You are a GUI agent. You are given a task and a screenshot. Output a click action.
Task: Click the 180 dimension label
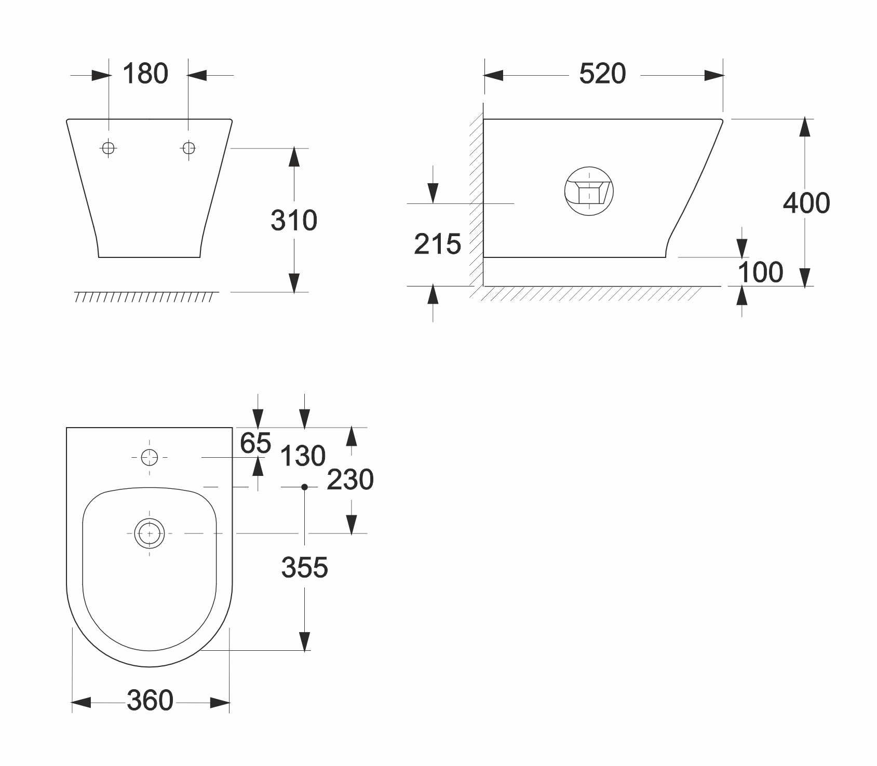(145, 74)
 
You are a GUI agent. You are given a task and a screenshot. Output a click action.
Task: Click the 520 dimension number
(602, 74)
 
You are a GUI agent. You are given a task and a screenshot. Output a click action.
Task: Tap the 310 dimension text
(294, 221)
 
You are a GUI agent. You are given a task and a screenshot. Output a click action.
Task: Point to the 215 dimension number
(437, 244)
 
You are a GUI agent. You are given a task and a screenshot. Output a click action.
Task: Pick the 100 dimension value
(761, 272)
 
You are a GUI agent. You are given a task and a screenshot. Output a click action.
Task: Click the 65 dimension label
(255, 443)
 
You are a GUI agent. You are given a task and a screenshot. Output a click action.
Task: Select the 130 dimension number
(303, 457)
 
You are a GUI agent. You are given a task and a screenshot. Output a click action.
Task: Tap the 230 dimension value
(350, 480)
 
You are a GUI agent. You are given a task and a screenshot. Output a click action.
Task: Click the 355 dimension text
(305, 567)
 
